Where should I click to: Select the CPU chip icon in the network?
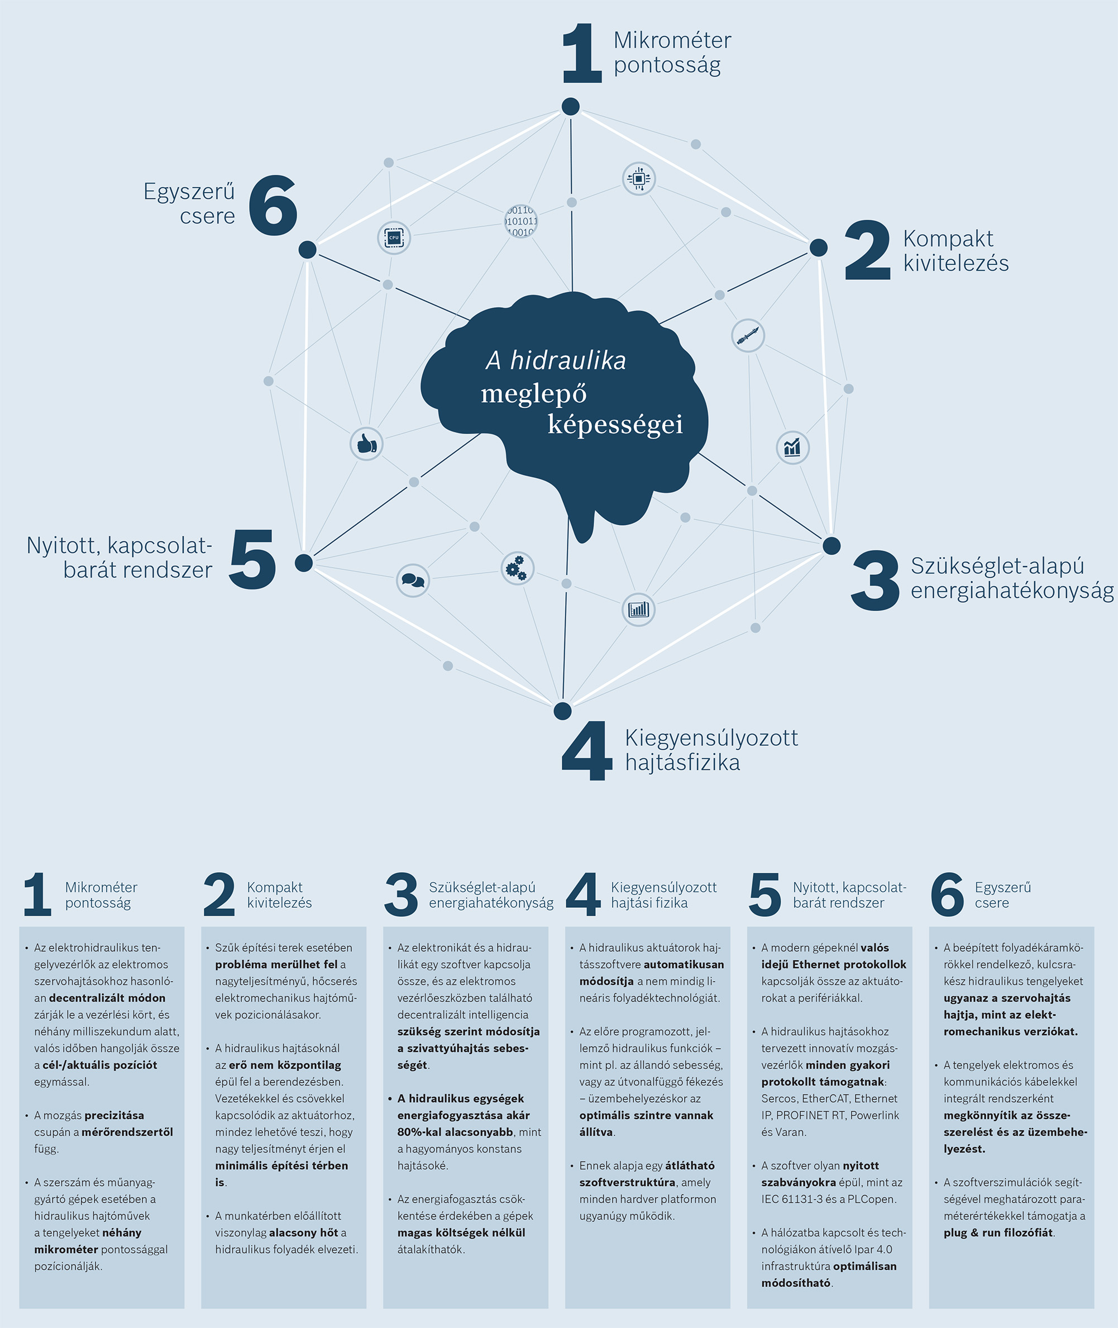[394, 237]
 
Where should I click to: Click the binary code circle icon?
[521, 221]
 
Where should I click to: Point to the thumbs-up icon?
[366, 444]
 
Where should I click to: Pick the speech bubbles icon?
[413, 580]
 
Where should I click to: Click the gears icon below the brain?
[517, 568]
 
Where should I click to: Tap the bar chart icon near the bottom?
[638, 610]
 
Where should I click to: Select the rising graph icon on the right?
[792, 448]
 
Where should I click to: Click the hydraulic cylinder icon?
[748, 335]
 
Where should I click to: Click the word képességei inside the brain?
[615, 424]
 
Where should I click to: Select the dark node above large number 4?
[562, 711]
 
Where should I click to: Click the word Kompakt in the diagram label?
[948, 239]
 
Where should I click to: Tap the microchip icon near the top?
[638, 179]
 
